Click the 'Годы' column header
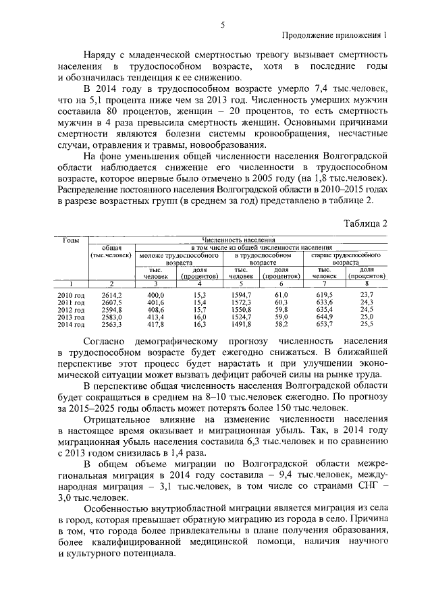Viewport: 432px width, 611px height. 72,240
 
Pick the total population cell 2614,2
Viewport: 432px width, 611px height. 111,296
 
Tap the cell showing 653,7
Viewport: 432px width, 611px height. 325,325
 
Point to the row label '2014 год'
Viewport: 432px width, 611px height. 72,325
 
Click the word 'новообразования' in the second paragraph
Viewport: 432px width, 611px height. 215,145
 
